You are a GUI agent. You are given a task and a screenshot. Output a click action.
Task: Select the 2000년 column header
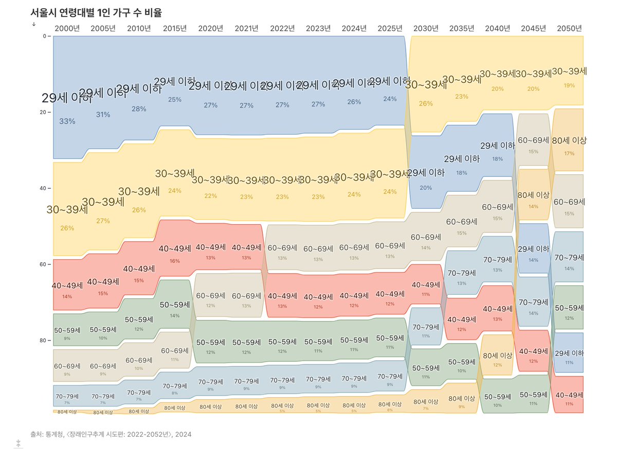(x=67, y=28)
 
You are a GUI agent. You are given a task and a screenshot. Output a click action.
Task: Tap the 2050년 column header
(x=569, y=28)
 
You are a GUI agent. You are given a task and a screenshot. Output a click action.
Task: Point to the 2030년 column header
(x=426, y=28)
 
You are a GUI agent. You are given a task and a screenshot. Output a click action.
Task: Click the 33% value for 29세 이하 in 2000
(x=67, y=121)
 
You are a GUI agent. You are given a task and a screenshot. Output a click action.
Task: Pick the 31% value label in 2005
(x=103, y=115)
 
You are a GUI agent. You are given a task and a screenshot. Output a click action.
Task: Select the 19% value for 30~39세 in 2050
(x=569, y=85)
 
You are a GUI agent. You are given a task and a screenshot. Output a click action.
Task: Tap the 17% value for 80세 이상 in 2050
(x=569, y=153)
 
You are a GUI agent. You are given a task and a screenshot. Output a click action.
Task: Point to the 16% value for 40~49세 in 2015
(x=175, y=261)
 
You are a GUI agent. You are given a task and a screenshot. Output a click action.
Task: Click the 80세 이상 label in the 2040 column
(x=498, y=355)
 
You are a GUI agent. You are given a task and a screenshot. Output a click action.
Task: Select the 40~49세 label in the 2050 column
(x=569, y=394)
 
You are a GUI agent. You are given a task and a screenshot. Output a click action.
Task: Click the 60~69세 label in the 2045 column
(x=534, y=140)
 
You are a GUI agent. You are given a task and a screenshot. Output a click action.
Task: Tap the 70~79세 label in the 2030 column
(x=426, y=327)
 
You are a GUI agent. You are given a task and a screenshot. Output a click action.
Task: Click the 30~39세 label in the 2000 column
(x=67, y=210)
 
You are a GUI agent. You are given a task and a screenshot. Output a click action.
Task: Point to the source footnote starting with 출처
(x=111, y=435)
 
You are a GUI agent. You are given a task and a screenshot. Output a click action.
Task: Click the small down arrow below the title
(x=33, y=23)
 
